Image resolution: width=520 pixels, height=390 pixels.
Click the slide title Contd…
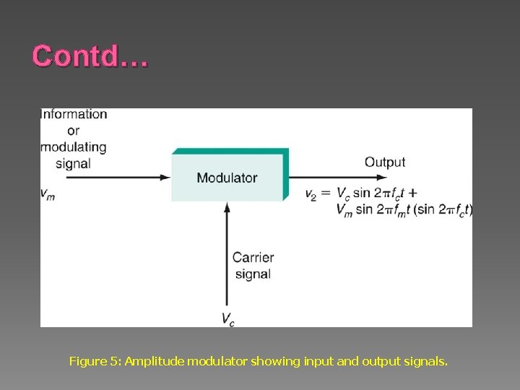(90, 56)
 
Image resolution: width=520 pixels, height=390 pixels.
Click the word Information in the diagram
(74, 114)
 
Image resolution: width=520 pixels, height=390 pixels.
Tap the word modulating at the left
(74, 147)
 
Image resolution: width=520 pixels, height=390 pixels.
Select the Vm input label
(47, 193)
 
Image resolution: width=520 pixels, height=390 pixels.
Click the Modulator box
(227, 178)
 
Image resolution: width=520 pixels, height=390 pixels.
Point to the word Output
(384, 162)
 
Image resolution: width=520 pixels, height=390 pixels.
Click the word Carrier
(253, 258)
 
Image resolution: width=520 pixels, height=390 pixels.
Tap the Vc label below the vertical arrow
(227, 318)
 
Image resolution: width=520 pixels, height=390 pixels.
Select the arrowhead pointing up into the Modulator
(227, 207)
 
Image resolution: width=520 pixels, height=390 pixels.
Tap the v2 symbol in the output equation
(311, 194)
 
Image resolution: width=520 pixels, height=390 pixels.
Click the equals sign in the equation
(326, 194)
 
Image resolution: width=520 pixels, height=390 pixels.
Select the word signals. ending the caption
(426, 360)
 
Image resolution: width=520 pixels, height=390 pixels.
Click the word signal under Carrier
(253, 274)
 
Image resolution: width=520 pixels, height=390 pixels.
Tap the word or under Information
(73, 131)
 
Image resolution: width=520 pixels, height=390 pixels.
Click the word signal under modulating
(73, 164)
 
